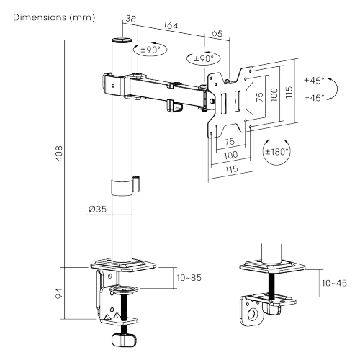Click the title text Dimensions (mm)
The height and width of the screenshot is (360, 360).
point(49,17)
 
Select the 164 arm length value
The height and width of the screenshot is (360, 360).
point(171,27)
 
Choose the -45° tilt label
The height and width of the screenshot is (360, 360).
point(314,96)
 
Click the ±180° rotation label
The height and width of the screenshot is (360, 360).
point(276,152)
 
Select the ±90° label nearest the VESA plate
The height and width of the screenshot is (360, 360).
point(201,58)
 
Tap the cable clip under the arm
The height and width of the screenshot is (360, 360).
point(173,105)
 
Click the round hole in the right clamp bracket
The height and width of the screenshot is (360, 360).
point(252,315)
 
